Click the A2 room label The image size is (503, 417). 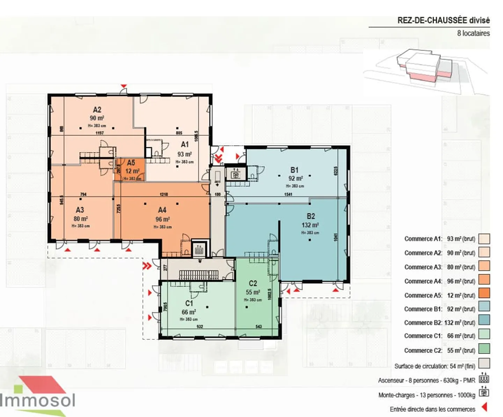pyautogui.click(x=97, y=110)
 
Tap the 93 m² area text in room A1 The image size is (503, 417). pyautogui.click(x=184, y=154)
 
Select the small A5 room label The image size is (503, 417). pyautogui.click(x=131, y=163)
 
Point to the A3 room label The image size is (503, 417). pyautogui.click(x=80, y=210)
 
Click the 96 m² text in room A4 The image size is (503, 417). pyautogui.click(x=162, y=219)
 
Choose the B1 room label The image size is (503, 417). pyautogui.click(x=294, y=170)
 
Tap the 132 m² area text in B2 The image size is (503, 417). pyautogui.click(x=310, y=225)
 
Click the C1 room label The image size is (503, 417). pyautogui.click(x=189, y=303)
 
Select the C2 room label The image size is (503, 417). pyautogui.click(x=253, y=283)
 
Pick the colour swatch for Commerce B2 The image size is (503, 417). pyautogui.click(x=484, y=320)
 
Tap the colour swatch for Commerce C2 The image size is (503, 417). pyautogui.click(x=484, y=349)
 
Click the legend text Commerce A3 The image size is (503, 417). pyautogui.click(x=423, y=267)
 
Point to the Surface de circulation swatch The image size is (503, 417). pyautogui.click(x=484, y=364)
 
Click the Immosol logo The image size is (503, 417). pyautogui.click(x=38, y=396)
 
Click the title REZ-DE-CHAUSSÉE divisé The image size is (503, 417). pyautogui.click(x=443, y=21)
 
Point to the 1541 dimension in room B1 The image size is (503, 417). pyautogui.click(x=288, y=194)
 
